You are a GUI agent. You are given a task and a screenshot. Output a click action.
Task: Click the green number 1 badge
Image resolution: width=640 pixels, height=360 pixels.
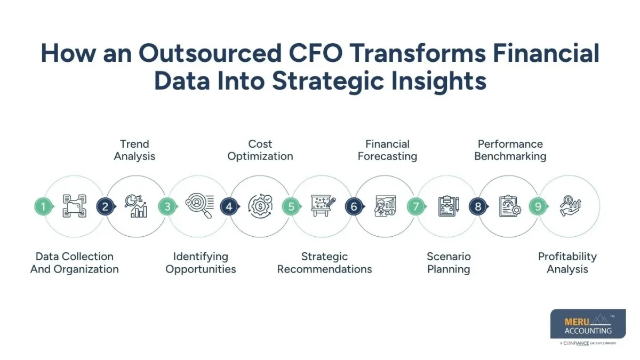[44, 206]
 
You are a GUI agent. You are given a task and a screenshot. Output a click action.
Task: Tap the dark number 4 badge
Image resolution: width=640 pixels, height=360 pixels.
[229, 206]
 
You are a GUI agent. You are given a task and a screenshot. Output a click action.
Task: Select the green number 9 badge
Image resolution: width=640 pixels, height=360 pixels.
[538, 206]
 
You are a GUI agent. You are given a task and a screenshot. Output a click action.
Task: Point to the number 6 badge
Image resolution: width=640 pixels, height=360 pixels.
[353, 206]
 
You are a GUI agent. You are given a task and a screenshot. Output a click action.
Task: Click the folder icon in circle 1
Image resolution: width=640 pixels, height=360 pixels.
[75, 206]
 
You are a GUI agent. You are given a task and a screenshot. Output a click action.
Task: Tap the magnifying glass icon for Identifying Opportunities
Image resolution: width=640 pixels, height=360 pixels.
[199, 206]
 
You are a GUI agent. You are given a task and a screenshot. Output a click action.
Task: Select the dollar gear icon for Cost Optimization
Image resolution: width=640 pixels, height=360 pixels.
[260, 206]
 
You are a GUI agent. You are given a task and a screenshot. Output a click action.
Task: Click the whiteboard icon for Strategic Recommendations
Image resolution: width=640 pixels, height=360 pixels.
[323, 206]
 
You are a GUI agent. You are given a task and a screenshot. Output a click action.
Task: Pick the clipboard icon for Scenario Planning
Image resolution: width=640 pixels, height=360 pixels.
[449, 206]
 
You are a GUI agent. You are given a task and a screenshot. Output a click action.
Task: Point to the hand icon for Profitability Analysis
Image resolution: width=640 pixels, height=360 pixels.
[569, 206]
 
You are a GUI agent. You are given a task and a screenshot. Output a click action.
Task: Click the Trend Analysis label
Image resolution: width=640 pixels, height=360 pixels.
[134, 150]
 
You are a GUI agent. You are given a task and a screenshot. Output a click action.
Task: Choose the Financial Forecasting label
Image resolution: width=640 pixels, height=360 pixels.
[387, 150]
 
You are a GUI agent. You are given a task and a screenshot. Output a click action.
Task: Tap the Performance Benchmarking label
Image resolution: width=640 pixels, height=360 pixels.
[510, 150]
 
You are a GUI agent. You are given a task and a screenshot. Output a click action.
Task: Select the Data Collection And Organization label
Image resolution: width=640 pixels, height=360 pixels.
[75, 263]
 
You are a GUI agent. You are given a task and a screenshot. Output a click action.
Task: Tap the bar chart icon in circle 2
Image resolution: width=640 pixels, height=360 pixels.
[137, 206]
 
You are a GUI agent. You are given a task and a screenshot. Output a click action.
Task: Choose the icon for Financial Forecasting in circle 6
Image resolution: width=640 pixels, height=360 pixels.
[385, 206]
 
